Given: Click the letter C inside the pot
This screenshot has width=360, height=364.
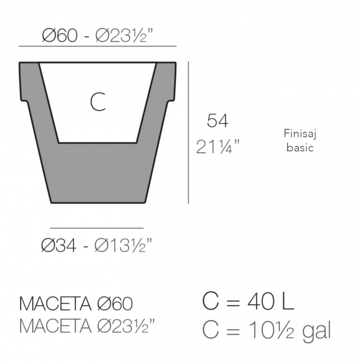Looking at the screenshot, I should tap(98, 102).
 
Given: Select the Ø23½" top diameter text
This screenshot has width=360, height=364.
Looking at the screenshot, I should tap(125, 36).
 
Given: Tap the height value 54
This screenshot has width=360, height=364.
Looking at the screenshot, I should tap(217, 121).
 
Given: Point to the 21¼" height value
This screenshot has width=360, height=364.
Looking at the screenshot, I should tap(218, 147).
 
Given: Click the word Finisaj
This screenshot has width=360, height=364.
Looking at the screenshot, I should tap(300, 134).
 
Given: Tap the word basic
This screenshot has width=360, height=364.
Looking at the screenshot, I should tap(300, 147).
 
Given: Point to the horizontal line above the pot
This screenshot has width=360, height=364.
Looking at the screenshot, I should tap(97, 47).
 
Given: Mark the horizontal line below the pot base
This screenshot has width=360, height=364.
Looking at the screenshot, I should tap(97, 228).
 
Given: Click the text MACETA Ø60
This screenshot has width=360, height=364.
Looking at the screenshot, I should tap(75, 304).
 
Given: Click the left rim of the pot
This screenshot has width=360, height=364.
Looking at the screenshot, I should tap(30, 81).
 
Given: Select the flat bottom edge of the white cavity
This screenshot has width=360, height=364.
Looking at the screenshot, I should tap(98, 142).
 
